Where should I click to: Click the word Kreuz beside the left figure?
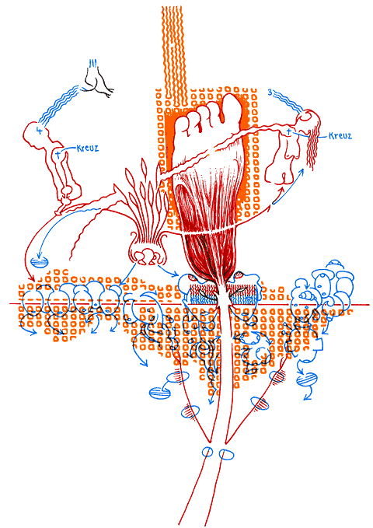88,149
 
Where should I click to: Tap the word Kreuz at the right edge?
340,136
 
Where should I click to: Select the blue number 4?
40,131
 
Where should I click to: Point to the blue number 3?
270,92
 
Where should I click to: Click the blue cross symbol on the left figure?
58,155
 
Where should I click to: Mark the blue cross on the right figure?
288,131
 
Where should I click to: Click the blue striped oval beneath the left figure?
40,261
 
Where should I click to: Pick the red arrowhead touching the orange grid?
33,278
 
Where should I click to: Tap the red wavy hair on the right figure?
312,149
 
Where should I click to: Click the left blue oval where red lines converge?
207,452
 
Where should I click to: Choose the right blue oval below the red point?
226,455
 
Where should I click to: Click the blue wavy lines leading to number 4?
58,104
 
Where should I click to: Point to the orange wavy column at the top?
173,58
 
